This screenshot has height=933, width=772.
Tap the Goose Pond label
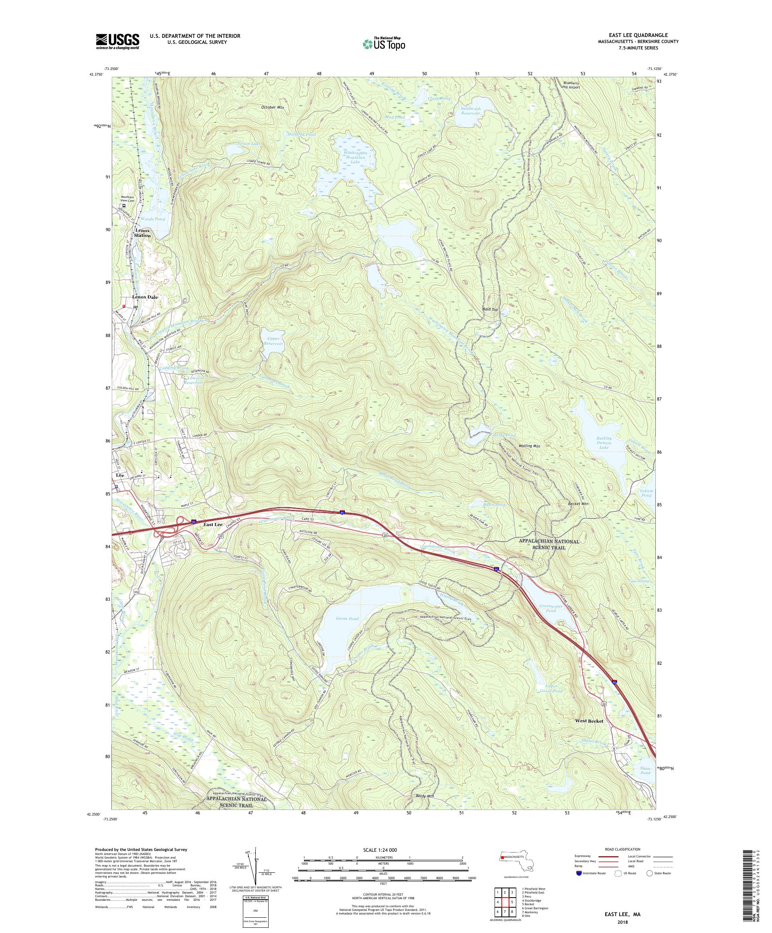(347, 619)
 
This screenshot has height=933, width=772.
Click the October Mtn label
(272, 107)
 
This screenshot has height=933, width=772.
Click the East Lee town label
(213, 525)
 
